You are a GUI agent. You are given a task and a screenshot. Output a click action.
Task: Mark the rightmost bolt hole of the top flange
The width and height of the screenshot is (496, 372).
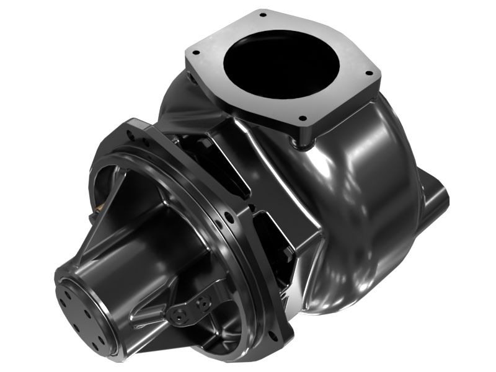[x=370, y=73]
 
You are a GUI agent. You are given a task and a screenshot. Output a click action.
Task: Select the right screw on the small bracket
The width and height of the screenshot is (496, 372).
[x=202, y=303]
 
